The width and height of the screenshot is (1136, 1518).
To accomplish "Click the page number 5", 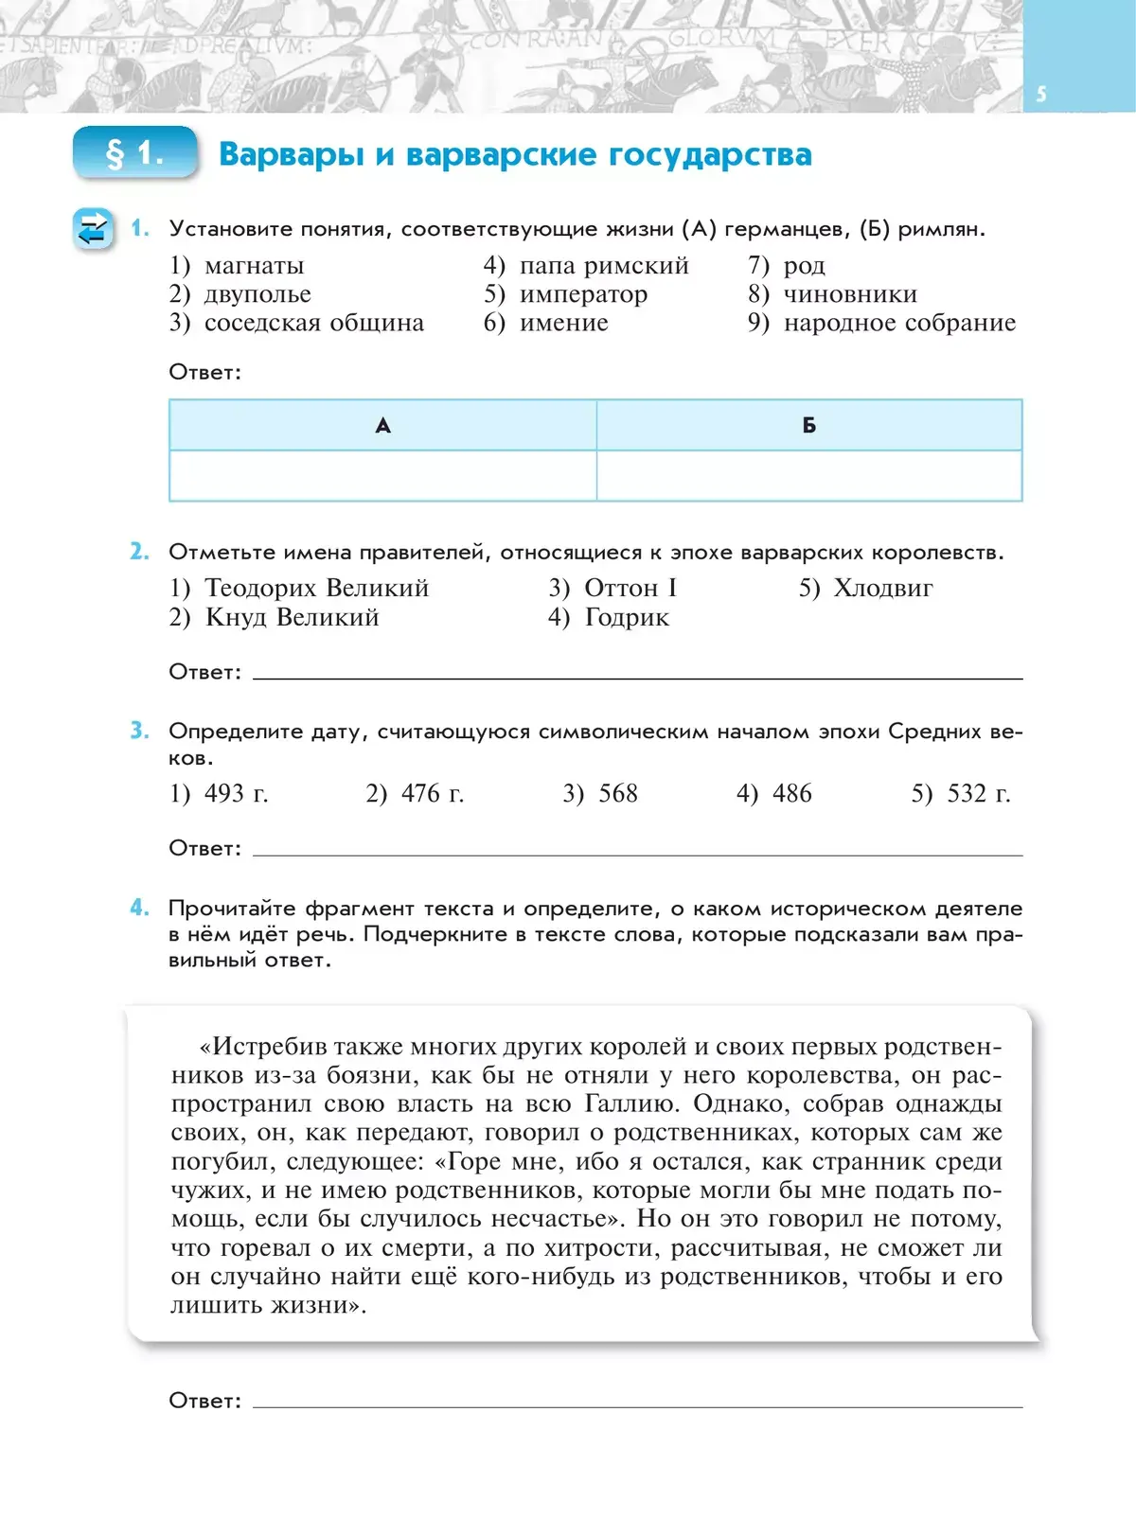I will click(x=1041, y=94).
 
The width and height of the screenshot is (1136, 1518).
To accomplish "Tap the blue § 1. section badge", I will click(x=135, y=153).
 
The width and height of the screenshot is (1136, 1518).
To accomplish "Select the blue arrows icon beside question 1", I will click(x=93, y=229).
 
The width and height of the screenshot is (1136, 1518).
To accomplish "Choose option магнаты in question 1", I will click(x=254, y=266).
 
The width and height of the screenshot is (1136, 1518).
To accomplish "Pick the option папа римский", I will click(x=603, y=266).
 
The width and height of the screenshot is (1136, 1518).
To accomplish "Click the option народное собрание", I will click(x=899, y=324).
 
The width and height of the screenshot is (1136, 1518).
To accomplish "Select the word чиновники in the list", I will click(x=850, y=294).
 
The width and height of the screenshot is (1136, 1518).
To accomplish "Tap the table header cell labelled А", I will click(x=382, y=426).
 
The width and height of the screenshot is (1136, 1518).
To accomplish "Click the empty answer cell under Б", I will click(x=809, y=475).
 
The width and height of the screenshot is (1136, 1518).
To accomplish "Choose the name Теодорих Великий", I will click(x=316, y=589).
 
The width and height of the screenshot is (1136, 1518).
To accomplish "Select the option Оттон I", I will click(x=630, y=589).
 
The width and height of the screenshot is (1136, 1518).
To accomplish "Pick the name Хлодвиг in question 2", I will click(x=882, y=589).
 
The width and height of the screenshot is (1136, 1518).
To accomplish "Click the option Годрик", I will click(x=627, y=618).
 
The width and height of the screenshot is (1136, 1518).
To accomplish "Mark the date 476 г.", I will click(x=432, y=794).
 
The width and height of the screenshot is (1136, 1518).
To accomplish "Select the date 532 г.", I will click(x=978, y=794).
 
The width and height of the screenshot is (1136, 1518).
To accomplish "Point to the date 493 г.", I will click(x=236, y=794).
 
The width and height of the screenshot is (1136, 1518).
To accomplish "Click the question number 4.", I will click(x=139, y=908).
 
